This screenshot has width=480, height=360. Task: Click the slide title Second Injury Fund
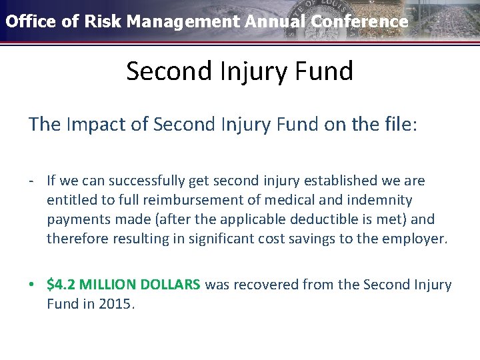point(239,71)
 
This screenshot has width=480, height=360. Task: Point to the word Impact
point(100,125)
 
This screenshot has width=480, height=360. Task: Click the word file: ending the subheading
point(398,125)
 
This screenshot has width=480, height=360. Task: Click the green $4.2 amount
point(61,285)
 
